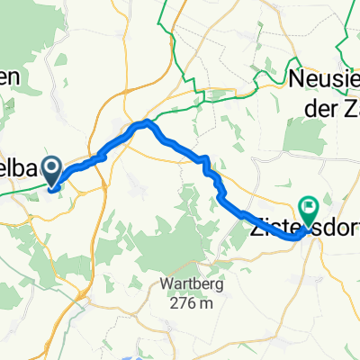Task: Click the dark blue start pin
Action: pyautogui.click(x=51, y=169)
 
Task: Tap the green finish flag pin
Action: pyautogui.click(x=310, y=208)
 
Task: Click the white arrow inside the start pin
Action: pyautogui.click(x=51, y=166)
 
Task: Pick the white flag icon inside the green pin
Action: pyautogui.click(x=310, y=205)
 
